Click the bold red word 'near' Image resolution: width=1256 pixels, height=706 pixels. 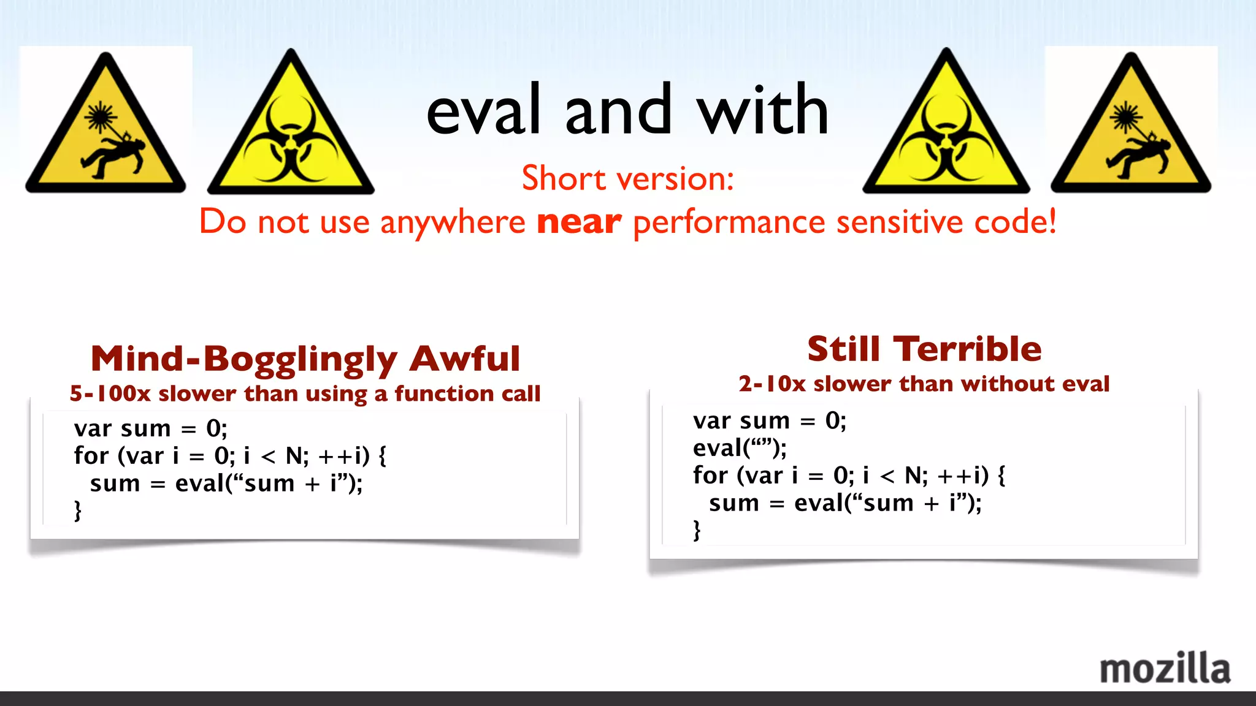(x=578, y=222)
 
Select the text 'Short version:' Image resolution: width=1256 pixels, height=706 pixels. (x=627, y=178)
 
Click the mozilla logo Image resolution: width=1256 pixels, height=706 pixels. (x=1164, y=668)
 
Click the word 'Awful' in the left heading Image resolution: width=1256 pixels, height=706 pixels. (x=465, y=359)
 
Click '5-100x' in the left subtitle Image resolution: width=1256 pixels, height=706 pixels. (x=110, y=393)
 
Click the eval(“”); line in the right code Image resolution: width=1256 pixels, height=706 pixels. (x=739, y=449)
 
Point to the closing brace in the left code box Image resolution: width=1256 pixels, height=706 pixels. (x=78, y=511)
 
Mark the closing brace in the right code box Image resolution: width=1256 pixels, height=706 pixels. (x=697, y=530)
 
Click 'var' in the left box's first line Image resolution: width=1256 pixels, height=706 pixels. (x=92, y=428)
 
